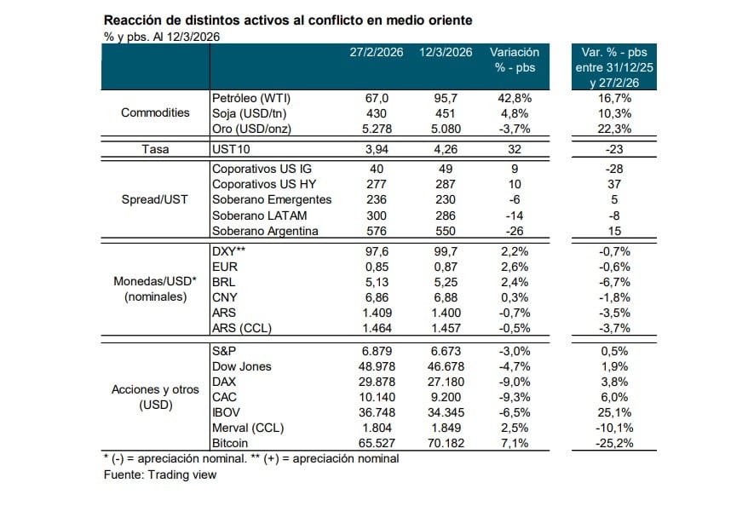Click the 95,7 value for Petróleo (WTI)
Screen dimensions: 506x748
click(446, 99)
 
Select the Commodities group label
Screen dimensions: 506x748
click(155, 112)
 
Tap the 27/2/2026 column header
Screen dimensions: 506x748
click(375, 53)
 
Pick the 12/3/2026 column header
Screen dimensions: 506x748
click(446, 53)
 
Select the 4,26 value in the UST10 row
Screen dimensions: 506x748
click(446, 149)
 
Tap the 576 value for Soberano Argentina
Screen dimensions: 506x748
click(375, 231)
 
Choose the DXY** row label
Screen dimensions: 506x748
click(228, 251)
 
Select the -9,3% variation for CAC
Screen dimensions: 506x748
click(515, 396)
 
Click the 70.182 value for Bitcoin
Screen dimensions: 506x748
click(446, 443)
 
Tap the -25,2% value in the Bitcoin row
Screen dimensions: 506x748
click(614, 443)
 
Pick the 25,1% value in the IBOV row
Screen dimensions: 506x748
click(614, 411)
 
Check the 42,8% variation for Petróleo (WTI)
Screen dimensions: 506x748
click(515, 99)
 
